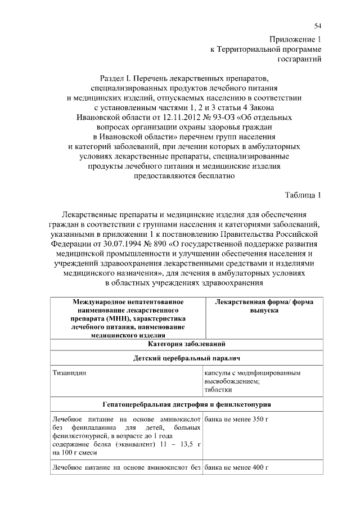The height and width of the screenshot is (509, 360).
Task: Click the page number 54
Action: click(x=317, y=26)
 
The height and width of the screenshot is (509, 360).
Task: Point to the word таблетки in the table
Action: click(x=218, y=389)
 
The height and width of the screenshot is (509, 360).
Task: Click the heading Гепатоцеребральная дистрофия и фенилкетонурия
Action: click(x=187, y=404)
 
